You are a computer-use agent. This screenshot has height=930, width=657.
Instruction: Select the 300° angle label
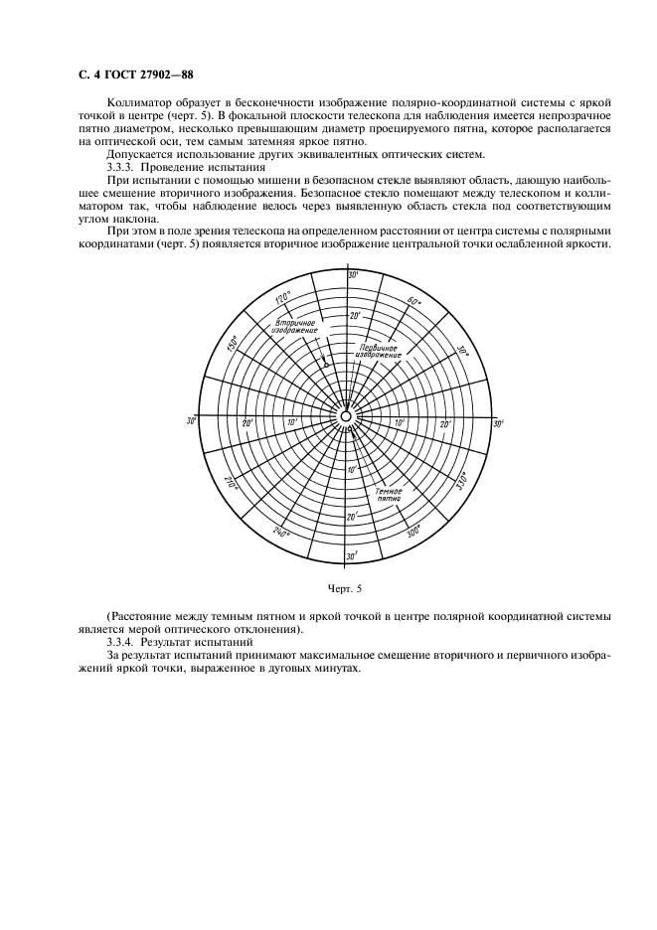coord(412,530)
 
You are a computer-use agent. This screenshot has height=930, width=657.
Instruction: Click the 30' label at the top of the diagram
coord(351,274)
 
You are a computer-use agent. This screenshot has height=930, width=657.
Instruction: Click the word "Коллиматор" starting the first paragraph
coord(136,101)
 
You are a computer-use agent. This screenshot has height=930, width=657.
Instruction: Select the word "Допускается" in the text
coord(139,153)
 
